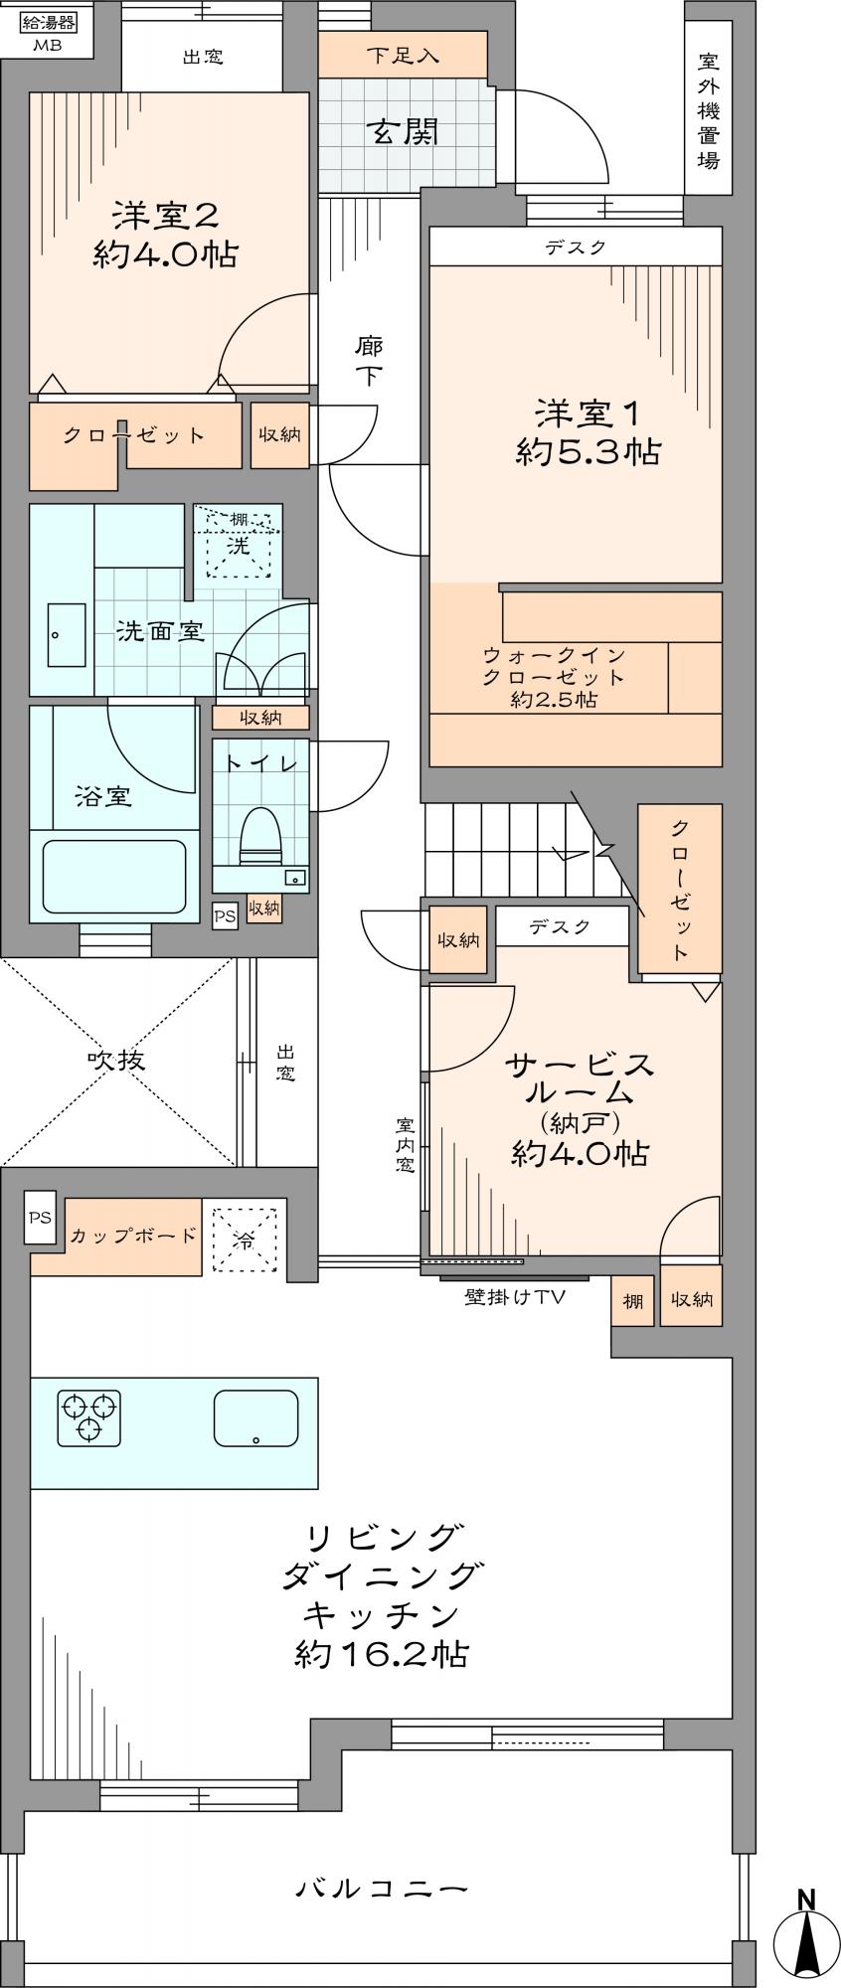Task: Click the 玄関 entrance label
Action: [406, 130]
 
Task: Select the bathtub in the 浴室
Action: [113, 877]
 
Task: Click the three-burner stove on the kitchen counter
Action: [89, 1416]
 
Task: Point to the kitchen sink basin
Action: [255, 1417]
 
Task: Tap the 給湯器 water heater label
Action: [46, 22]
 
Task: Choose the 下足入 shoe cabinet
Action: [403, 54]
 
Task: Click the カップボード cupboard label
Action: [132, 1236]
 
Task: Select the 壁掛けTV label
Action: [515, 1296]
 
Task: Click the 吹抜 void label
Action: [116, 1060]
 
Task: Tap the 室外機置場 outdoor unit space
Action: [708, 111]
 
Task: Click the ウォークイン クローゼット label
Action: [554, 677]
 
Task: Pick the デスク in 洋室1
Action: [576, 247]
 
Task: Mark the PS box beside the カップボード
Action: [40, 1218]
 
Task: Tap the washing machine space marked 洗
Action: [238, 541]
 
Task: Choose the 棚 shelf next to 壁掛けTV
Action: [633, 1300]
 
